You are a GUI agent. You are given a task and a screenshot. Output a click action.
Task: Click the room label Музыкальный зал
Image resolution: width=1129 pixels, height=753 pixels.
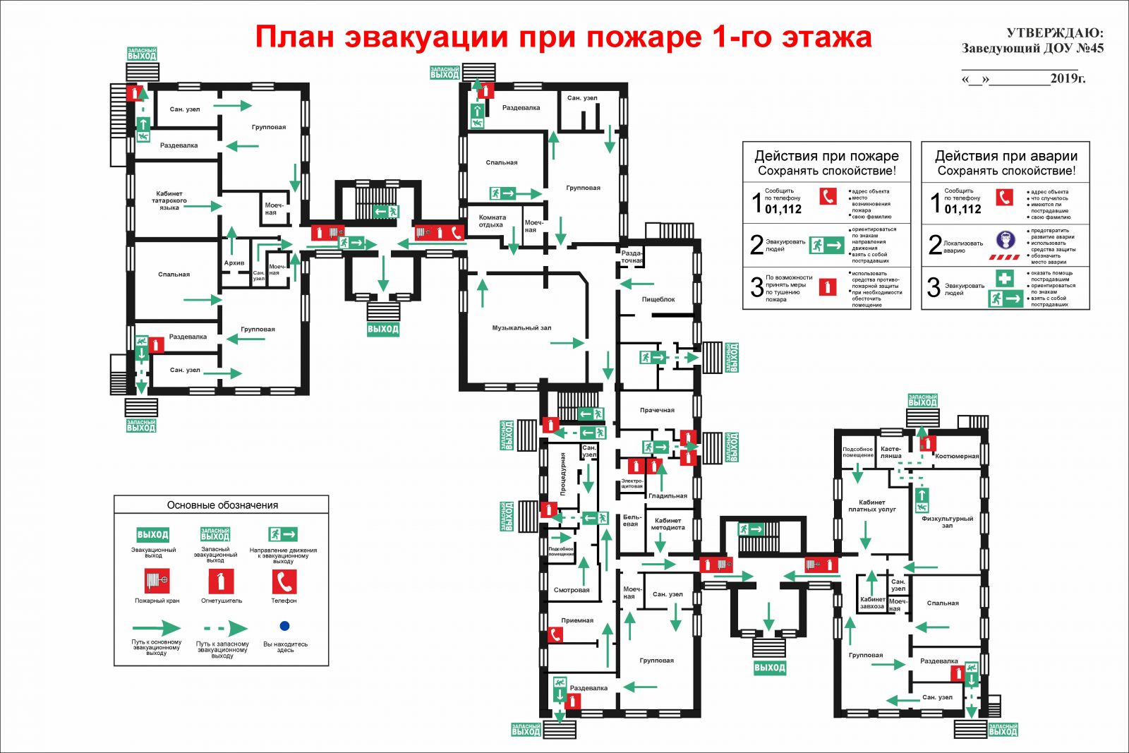point(521,327)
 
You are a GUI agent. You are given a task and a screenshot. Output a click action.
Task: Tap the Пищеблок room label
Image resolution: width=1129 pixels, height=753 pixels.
point(658,299)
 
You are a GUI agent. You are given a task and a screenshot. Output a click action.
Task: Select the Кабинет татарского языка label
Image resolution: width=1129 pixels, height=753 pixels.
point(169,200)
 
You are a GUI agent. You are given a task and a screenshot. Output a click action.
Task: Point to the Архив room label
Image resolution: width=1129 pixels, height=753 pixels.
point(234,263)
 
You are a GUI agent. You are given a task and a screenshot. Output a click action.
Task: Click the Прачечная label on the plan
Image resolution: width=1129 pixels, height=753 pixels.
point(657,410)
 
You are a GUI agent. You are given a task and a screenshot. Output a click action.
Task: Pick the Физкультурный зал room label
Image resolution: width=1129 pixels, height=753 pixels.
point(947,522)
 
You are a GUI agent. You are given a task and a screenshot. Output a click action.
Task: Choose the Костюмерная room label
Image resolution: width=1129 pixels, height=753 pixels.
point(957,456)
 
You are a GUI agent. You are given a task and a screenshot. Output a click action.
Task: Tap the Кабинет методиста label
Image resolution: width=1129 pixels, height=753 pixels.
point(668,524)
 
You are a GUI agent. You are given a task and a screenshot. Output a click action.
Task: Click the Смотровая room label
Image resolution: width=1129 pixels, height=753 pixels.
point(572,590)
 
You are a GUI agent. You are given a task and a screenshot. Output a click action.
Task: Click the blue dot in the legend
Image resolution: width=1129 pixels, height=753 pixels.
point(284,626)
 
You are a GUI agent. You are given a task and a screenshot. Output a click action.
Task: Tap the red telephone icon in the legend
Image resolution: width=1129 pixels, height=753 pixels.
point(284,582)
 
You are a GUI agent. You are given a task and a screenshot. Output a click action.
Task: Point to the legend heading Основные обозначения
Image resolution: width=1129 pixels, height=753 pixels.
point(222,505)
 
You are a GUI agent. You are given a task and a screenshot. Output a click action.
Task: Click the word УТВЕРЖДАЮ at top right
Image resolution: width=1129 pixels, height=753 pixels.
point(1054,33)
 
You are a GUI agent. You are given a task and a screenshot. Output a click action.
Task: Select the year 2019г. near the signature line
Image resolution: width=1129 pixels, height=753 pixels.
point(1068,78)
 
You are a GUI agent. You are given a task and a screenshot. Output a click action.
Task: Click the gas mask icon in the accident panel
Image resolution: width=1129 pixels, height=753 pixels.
point(1005,241)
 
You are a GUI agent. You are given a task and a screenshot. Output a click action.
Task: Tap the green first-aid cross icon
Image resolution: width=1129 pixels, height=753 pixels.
point(1005,278)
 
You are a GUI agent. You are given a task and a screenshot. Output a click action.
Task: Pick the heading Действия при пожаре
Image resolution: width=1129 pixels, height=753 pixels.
point(826,156)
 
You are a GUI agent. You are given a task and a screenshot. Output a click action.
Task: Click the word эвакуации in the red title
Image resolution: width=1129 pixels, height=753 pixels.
point(427,37)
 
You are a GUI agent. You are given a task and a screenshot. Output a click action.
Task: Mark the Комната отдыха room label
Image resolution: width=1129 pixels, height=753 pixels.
point(492,221)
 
